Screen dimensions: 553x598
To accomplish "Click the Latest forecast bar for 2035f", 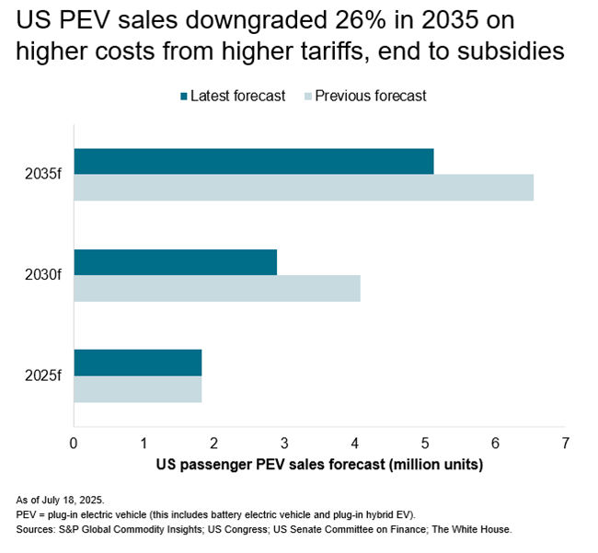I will click(253, 161).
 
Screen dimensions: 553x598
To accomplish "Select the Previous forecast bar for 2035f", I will click(304, 188).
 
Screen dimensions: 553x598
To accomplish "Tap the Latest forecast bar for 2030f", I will click(175, 262).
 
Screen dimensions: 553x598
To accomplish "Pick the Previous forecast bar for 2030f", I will click(217, 289).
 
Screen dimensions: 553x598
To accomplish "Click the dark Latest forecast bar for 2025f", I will click(138, 363).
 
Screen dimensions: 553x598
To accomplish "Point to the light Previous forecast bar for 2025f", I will click(138, 389).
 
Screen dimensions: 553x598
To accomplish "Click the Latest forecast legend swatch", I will click(184, 96).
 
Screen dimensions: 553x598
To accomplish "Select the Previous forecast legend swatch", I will click(308, 96).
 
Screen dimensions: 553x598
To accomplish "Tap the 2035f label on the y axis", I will click(43, 175).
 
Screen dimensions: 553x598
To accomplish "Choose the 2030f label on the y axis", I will click(43, 275).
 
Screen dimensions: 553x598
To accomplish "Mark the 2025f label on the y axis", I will click(43, 376).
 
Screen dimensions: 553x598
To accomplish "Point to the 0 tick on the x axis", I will click(75, 444).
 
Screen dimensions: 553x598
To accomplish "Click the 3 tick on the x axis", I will click(284, 444).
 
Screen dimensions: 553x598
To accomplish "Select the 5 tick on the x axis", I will click(425, 444).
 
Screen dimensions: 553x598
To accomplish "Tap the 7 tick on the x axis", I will click(565, 444).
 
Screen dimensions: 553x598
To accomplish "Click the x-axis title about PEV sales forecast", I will click(318, 466).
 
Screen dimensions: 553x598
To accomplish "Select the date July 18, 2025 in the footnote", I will click(70, 500).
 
